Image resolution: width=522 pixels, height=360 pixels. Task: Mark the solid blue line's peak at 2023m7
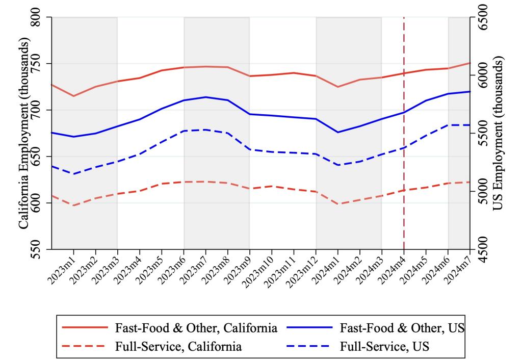(x=205, y=97)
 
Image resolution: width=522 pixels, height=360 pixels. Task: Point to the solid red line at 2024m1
(x=337, y=87)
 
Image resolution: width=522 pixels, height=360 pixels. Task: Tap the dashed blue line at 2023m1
(x=73, y=174)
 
